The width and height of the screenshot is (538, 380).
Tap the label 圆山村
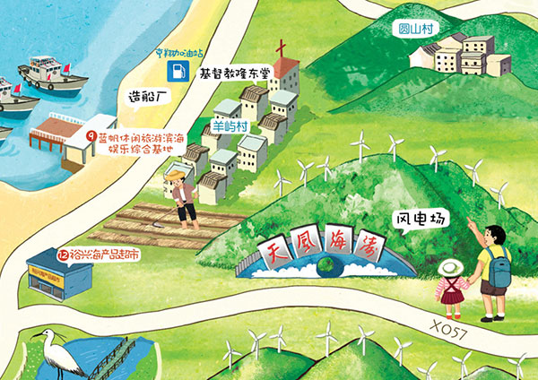click(418, 29)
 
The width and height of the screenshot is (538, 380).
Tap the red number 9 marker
click(91, 137)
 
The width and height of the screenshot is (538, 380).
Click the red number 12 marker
click(63, 255)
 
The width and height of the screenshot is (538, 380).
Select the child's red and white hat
click(450, 268)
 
